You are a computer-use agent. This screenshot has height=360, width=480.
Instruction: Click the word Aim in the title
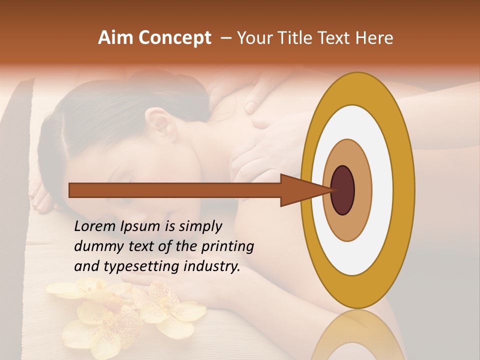click(x=115, y=38)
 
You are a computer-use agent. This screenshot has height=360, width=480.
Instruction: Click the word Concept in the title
click(x=175, y=38)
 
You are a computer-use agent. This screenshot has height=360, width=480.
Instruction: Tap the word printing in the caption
click(x=226, y=247)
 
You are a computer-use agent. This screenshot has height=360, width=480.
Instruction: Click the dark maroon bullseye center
click(x=343, y=190)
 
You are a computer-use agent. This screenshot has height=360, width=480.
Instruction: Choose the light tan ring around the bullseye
click(x=362, y=190)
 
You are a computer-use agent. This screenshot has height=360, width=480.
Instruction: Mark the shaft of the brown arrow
click(x=175, y=190)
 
